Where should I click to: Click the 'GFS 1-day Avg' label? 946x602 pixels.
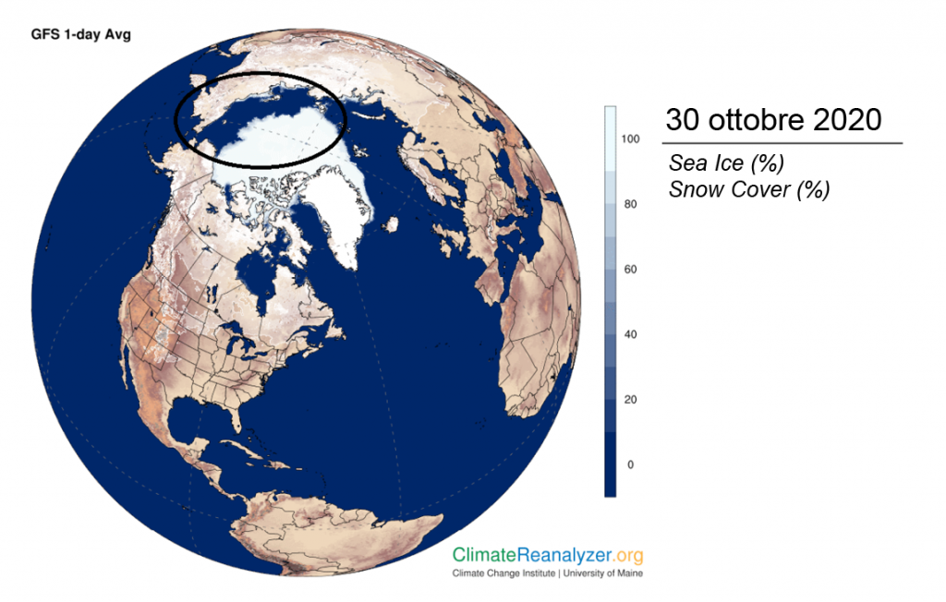(x=81, y=34)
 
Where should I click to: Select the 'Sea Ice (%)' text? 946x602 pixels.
(x=726, y=163)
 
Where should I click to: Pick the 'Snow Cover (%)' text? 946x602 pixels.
(x=749, y=189)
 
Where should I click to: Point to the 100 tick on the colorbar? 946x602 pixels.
(x=630, y=138)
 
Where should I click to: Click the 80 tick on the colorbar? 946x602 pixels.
(x=630, y=204)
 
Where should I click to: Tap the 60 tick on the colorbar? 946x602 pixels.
(x=630, y=269)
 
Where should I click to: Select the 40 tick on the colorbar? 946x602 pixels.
(x=630, y=334)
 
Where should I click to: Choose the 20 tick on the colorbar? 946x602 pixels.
(x=630, y=399)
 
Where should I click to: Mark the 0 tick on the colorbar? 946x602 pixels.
(x=630, y=464)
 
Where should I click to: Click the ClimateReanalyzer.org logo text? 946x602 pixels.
(x=548, y=555)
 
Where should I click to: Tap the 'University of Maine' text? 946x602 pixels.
(x=602, y=573)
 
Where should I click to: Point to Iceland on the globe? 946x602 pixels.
(x=391, y=225)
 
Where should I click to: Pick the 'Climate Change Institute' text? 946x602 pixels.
(x=503, y=573)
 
